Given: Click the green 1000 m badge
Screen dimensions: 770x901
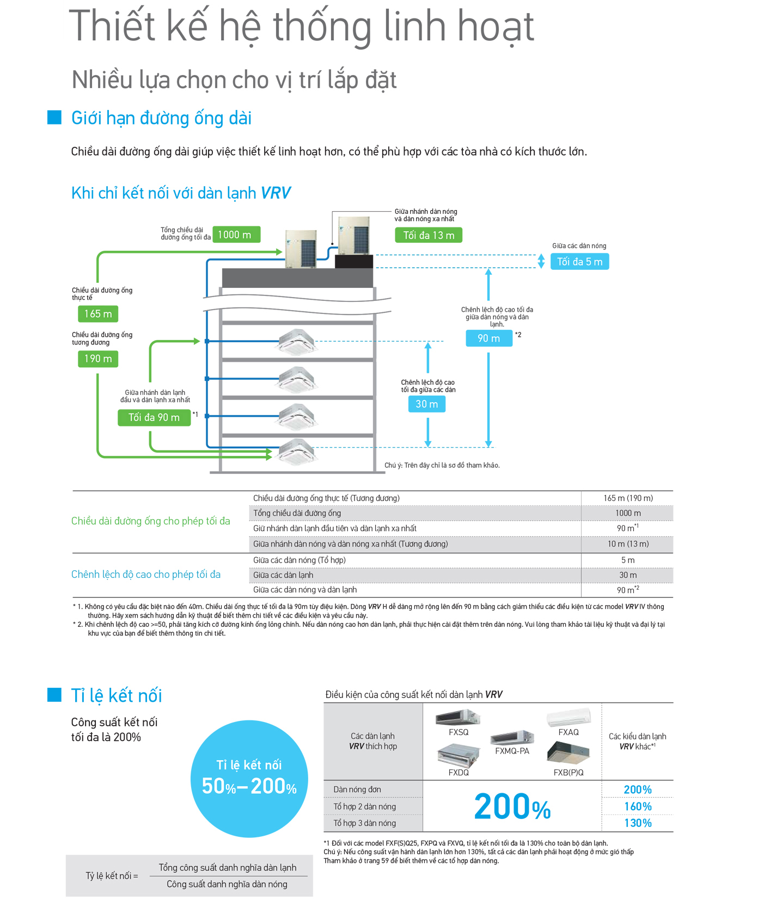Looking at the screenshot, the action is pos(236,234).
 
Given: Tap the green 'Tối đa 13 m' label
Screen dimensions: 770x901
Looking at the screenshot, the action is pos(429,235).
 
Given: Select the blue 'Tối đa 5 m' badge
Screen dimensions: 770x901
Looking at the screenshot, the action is pos(579,262).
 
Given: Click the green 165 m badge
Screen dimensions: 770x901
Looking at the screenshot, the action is pos(98,314).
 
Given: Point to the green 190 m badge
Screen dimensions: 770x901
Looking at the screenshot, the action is pos(98,359).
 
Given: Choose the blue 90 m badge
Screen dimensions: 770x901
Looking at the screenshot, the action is pos(489,338).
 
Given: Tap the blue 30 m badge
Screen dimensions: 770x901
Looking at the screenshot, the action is pos(427,404).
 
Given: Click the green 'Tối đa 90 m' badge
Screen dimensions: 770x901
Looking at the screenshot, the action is pos(154,417).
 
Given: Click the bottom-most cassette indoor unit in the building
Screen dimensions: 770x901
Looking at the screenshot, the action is pos(297,451).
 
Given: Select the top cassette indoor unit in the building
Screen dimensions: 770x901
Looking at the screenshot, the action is pos(297,342).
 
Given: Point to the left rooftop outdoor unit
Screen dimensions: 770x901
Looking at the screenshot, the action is pos(301,248).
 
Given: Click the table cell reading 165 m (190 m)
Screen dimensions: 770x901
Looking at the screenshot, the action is pos(628,498).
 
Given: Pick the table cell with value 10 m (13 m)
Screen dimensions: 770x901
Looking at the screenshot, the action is pos(628,544).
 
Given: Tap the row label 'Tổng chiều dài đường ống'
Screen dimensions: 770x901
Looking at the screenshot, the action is pos(297,513).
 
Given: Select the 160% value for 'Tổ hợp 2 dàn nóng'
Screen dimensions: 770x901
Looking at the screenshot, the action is pos(638,806).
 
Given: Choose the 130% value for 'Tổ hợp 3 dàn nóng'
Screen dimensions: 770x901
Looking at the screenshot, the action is pos(638,823).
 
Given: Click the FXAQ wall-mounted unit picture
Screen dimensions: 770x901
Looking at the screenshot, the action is pos(569,717).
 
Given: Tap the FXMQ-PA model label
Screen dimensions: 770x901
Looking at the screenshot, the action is pos(512,751).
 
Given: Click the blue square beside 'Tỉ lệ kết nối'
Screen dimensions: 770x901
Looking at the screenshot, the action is pos(54,695).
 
